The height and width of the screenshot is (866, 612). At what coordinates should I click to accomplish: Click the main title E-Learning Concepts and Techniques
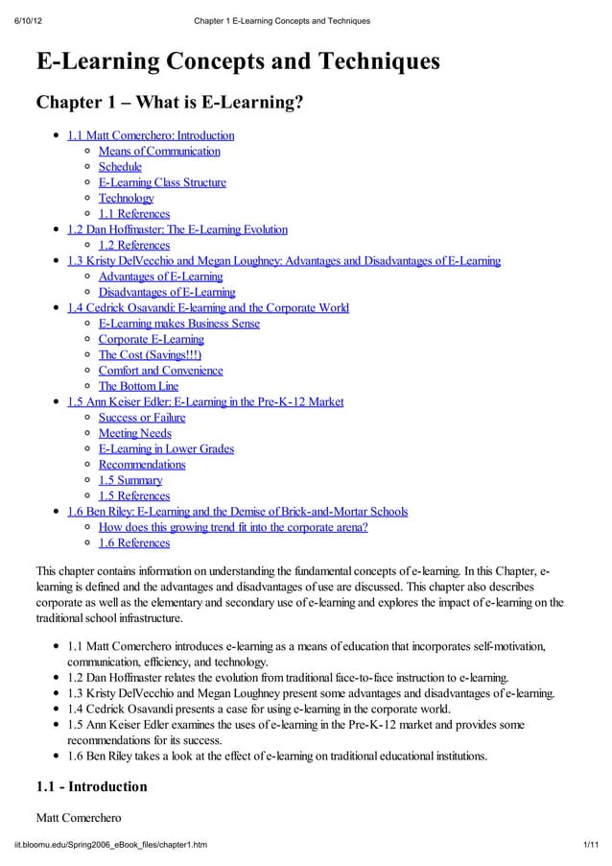[238, 62]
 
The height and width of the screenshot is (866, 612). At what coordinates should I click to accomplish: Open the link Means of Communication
[159, 151]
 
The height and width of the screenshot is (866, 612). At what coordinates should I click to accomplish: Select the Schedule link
[120, 167]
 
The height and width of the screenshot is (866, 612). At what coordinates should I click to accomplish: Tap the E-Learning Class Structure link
[162, 182]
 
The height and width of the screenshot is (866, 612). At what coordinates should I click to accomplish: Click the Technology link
[126, 198]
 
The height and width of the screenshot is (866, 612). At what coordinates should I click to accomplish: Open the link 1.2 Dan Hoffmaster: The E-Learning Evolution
[177, 229]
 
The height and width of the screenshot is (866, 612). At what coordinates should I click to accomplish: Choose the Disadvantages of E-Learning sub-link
[167, 292]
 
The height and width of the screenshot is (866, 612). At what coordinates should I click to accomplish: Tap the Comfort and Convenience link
[160, 371]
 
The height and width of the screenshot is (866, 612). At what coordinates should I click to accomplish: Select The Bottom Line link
[138, 386]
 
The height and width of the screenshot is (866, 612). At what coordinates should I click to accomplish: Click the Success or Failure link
[142, 418]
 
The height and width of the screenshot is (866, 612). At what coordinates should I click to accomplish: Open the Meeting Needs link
[135, 433]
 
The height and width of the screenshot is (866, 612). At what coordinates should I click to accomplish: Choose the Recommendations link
[142, 465]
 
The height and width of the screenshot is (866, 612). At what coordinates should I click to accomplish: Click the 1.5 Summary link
[130, 480]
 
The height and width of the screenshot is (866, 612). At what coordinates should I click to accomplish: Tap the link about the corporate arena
[233, 527]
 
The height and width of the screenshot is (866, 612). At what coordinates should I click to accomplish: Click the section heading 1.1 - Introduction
[91, 786]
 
